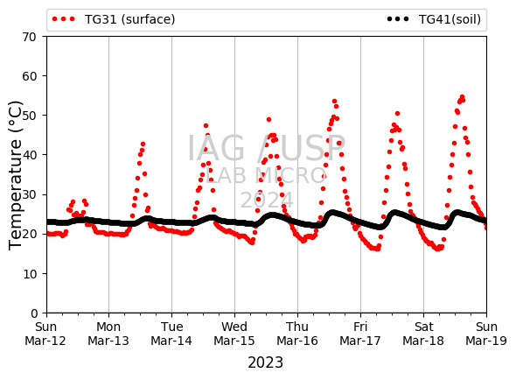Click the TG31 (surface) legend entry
pos(114,19)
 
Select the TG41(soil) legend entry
pos(434,19)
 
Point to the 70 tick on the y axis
pos(29,37)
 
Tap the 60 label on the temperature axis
pos(29,76)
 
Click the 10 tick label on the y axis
pos(29,274)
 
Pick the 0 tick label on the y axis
pos(34,313)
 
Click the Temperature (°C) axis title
pos(16,175)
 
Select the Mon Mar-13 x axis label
pos(108,334)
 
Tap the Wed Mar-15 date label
pos(234,334)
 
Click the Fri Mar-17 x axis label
pos(360,334)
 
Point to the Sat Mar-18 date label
pos(423,334)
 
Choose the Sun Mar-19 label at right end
pos(486,334)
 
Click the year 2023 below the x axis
pos(265,362)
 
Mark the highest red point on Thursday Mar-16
pos(334,102)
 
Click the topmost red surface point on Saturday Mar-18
pos(462,97)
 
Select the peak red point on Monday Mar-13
pos(143,144)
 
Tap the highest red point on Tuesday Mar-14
pos(206,125)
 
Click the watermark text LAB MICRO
pos(266,176)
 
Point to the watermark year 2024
pos(267,200)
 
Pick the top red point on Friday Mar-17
pos(397,113)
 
